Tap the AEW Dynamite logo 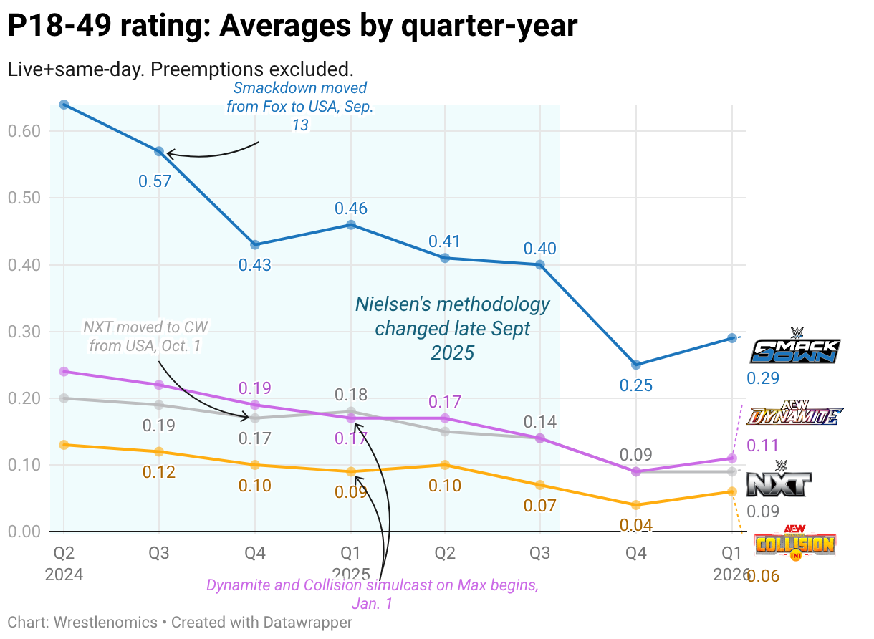tap(794, 413)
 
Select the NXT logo tap(780, 481)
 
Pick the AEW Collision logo tap(795, 543)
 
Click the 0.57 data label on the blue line tap(155, 181)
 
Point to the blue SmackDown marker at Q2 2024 tap(64, 105)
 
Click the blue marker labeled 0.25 tap(635, 365)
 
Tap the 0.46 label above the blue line tap(351, 208)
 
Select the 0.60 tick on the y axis tap(24, 131)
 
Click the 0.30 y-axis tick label tap(24, 332)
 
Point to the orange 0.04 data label tap(635, 525)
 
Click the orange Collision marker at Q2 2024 tap(64, 445)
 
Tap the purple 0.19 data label tap(254, 388)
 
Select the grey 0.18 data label tap(351, 395)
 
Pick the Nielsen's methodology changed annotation tap(453, 328)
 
